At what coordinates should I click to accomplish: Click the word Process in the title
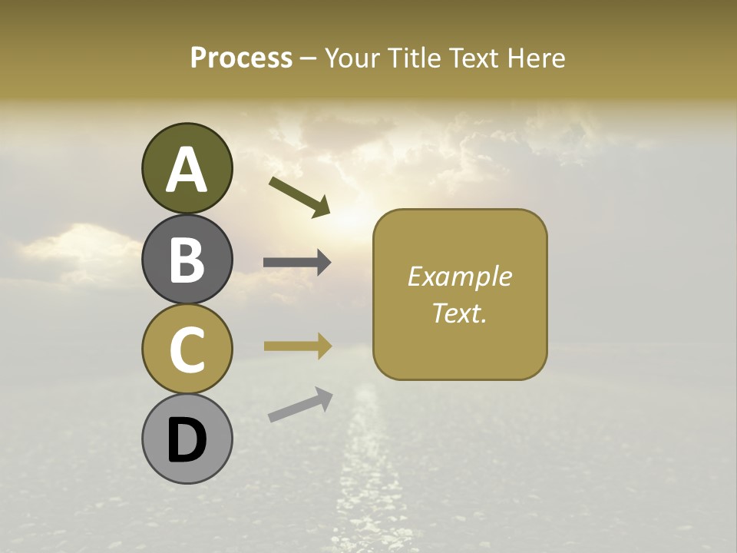coord(241,58)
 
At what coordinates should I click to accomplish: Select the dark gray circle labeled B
coord(187,259)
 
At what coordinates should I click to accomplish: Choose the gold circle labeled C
coord(187,349)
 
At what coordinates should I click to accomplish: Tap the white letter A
coord(187,171)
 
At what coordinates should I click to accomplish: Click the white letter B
coord(187,260)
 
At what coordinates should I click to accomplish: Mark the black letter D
coord(187,441)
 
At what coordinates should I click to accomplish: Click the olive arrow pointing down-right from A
coord(299,196)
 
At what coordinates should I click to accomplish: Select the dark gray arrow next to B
coord(297,263)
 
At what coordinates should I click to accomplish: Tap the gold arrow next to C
coord(297,346)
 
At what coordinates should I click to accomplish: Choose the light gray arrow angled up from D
coord(300,405)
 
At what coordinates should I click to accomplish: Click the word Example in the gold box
coord(460,276)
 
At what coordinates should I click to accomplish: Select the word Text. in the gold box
coord(460,313)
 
